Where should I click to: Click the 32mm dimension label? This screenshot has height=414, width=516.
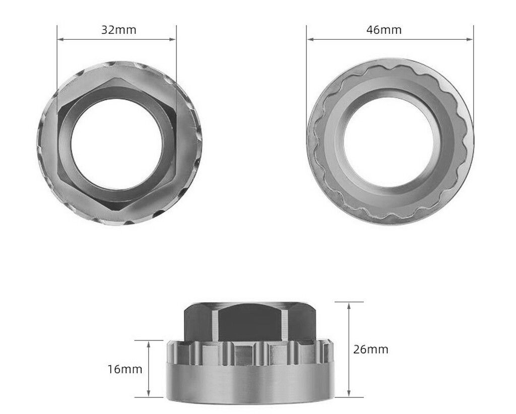[118, 30]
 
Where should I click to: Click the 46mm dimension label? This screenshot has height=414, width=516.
[384, 30]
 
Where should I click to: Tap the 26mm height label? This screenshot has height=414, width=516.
[371, 349]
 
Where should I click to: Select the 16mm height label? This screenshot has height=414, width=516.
[124, 369]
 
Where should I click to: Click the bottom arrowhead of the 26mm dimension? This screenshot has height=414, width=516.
[349, 395]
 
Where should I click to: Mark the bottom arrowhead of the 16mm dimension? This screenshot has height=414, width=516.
[149, 395]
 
